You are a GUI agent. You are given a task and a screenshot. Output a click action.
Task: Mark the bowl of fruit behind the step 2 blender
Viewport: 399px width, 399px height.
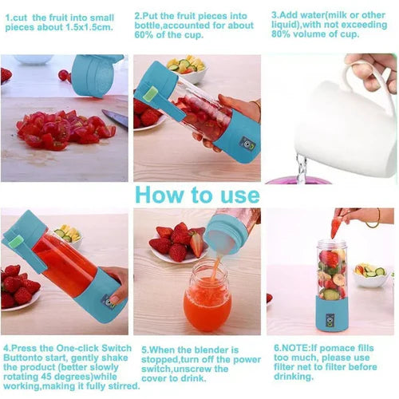187,69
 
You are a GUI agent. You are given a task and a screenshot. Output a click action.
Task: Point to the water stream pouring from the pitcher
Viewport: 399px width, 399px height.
301,167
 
